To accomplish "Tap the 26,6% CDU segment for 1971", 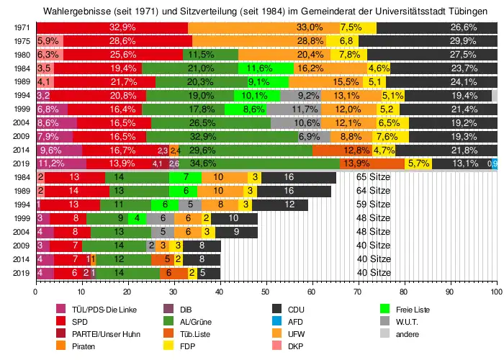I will pyautogui.click(x=436, y=27).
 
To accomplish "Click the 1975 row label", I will pyautogui.click(x=21, y=40).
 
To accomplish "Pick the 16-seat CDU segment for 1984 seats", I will pyautogui.click(x=288, y=177).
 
